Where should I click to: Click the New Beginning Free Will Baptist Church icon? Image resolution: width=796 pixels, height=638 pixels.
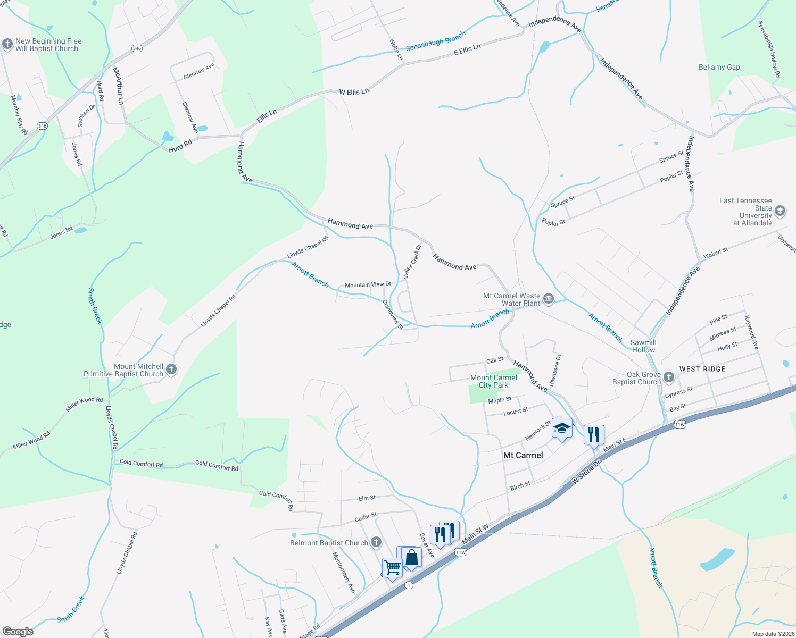7,45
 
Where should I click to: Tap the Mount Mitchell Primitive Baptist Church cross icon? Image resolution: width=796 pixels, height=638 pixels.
171,370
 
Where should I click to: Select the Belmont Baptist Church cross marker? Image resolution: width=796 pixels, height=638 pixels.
376,542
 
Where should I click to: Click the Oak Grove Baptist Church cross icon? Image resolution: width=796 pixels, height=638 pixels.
669,377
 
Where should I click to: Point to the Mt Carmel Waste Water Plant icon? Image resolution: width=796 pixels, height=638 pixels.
549,299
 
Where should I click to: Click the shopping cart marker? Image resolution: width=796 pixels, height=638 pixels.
392,568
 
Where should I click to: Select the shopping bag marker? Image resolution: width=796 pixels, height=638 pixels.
412,557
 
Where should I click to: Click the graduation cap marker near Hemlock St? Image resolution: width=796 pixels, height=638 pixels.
562,428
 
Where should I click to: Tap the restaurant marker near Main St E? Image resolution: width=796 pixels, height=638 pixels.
593,434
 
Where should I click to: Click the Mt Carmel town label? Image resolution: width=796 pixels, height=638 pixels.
523,455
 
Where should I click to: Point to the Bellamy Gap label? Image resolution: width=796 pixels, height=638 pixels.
719,67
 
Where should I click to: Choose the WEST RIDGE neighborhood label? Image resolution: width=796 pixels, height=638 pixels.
702,369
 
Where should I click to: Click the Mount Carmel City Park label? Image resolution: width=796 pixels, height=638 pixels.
494,381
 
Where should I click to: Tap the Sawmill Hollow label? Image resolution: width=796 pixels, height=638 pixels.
643,346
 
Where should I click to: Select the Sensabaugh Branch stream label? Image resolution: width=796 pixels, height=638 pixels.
435,41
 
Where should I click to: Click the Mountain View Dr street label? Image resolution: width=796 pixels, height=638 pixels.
368,285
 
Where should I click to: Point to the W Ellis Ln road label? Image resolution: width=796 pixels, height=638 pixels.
354,92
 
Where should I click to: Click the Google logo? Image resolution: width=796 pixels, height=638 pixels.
18,632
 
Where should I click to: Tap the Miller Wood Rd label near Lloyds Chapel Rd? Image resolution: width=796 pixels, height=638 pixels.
84,403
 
